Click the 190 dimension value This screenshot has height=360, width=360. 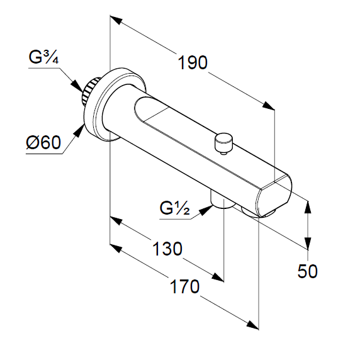[x=193, y=63]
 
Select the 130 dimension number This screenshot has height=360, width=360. [x=167, y=249]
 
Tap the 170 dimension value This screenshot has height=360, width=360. [x=184, y=286]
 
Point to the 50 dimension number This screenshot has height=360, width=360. [x=307, y=271]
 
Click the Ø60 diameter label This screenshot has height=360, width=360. [x=43, y=143]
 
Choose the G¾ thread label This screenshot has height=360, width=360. [x=43, y=57]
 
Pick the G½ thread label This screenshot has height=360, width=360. [x=175, y=208]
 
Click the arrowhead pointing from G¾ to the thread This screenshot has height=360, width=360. [x=77, y=86]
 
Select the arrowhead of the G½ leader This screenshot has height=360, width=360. [x=206, y=210]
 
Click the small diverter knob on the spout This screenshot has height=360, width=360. [x=223, y=143]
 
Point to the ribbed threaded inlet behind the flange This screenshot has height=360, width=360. [x=91, y=91]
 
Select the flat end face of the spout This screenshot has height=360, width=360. [x=274, y=196]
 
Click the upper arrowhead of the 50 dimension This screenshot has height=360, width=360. [x=308, y=208]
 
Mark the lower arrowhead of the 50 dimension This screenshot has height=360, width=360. [x=308, y=243]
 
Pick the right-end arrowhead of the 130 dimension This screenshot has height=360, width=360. [x=217, y=277]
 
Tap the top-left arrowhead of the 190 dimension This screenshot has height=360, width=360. [x=116, y=20]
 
